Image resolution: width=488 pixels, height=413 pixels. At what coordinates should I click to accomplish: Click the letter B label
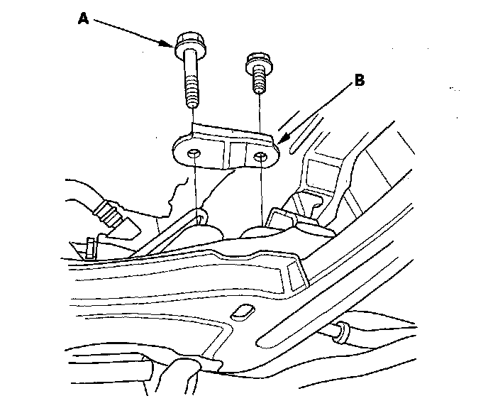(360, 80)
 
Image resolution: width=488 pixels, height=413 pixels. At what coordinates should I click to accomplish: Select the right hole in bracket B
(262, 155)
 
